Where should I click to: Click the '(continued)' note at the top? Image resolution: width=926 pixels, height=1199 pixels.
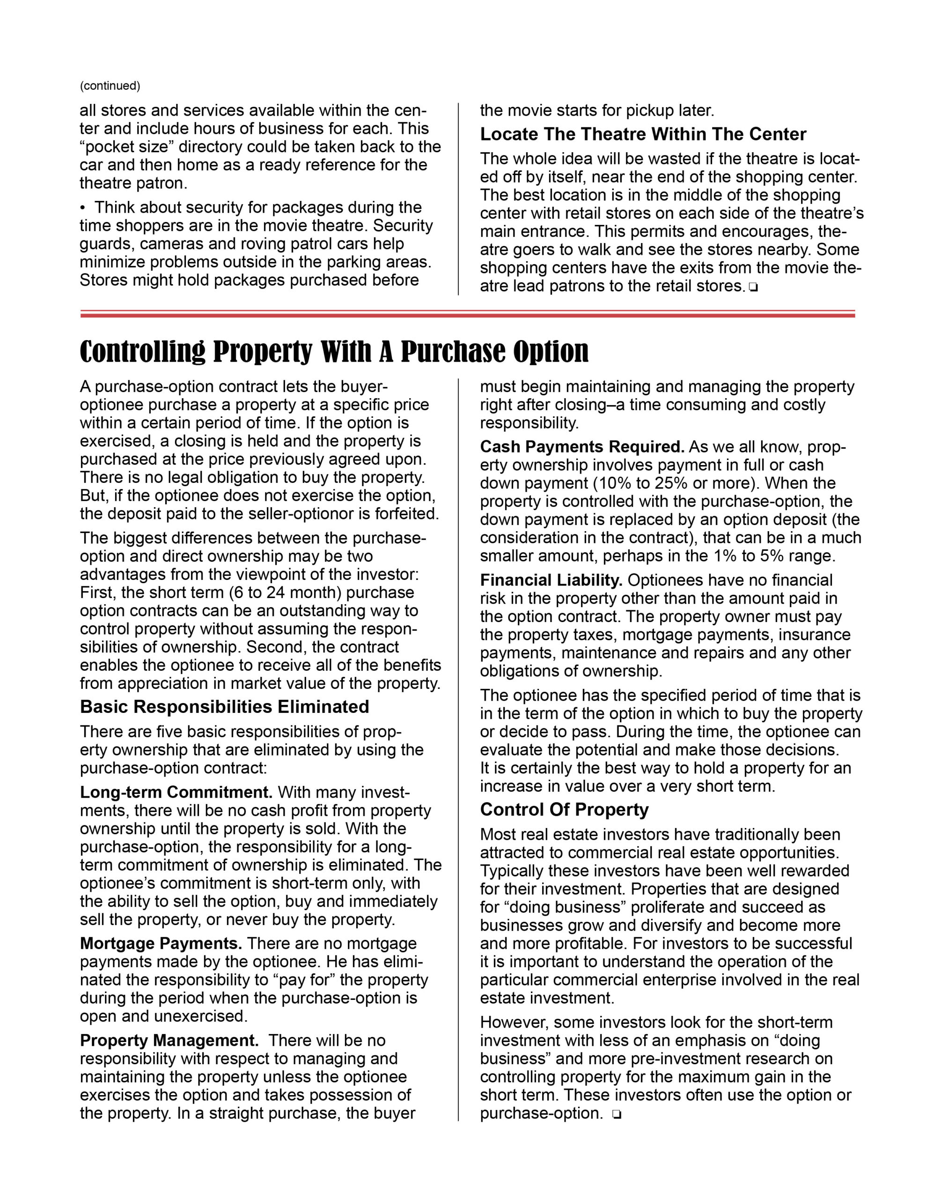(110, 86)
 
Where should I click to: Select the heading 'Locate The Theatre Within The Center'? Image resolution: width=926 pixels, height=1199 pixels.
(643, 134)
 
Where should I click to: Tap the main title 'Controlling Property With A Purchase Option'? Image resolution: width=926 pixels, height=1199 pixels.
(334, 351)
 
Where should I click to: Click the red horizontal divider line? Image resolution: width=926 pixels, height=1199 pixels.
(467, 314)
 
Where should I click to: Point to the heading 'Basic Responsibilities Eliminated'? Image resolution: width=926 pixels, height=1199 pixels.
(224, 707)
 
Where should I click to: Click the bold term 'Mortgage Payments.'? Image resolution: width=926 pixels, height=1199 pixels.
(161, 944)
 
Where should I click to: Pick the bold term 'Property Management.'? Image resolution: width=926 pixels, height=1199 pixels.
(169, 1040)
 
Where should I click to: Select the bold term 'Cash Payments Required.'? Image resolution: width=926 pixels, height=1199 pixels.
(582, 447)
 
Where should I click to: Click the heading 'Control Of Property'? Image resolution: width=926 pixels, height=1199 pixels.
(564, 810)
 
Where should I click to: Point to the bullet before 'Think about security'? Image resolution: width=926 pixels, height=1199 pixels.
(83, 207)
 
